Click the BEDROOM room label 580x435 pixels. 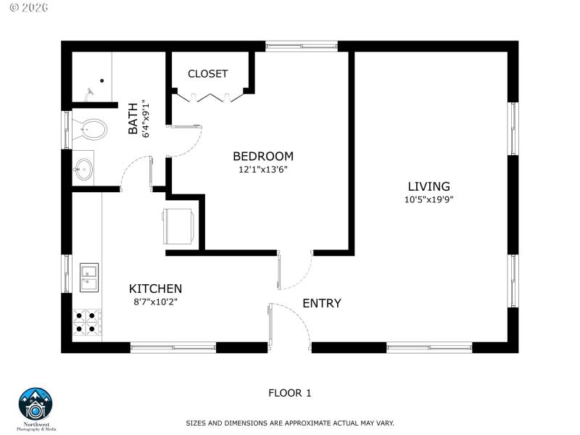[x=262, y=156]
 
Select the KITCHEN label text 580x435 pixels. [x=155, y=289]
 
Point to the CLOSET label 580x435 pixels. [x=207, y=74]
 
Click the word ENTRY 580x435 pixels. [x=321, y=304]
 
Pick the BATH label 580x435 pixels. [x=133, y=118]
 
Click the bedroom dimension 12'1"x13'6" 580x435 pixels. [x=262, y=170]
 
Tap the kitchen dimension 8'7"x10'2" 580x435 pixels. [x=155, y=302]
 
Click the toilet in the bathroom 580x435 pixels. [x=89, y=130]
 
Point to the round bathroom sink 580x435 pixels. [x=83, y=170]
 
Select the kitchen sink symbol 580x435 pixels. [x=89, y=277]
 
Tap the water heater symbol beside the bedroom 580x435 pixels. [x=178, y=225]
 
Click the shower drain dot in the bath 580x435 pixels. [x=101, y=81]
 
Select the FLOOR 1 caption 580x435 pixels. [x=289, y=393]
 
